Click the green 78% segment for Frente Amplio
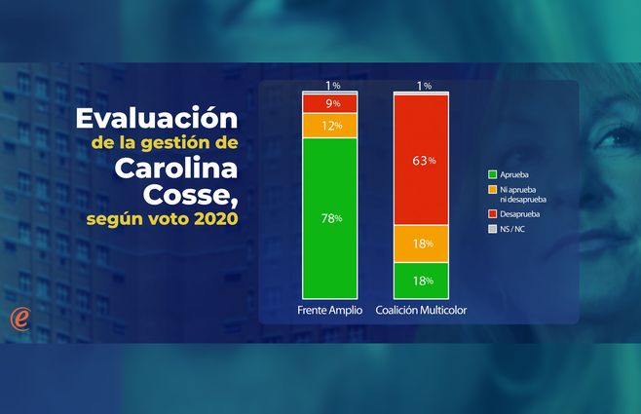coord(330,217)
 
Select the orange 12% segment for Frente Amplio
coord(330,126)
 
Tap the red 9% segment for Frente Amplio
coord(330,103)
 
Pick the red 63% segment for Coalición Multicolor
coord(422,160)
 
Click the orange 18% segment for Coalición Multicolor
coord(422,244)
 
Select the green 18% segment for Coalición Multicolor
coord(422,281)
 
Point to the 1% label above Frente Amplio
coord(333,86)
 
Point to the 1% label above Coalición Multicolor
coord(424,86)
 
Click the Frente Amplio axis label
coord(330,310)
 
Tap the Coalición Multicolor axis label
coord(422,310)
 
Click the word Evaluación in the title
coord(157,120)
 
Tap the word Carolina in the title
coord(175,168)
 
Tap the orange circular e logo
coord(19,318)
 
